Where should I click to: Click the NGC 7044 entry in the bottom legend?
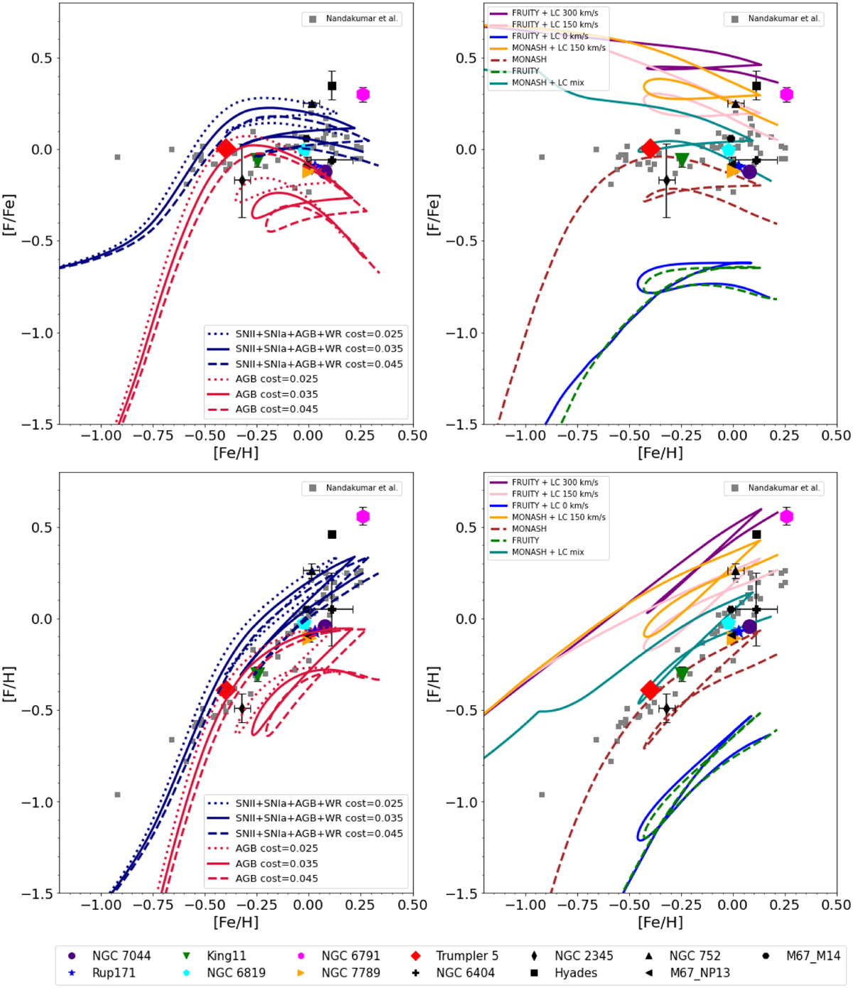pos(121,956)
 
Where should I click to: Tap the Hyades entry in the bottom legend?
pos(576,973)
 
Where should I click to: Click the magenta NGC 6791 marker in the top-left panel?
pos(363,95)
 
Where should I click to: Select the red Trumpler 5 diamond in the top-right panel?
pos(650,149)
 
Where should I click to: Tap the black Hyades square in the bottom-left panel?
pos(332,535)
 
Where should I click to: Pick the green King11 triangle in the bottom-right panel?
pos(682,672)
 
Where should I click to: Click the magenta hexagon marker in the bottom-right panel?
pos(786,517)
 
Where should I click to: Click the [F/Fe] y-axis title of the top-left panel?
pos(9,215)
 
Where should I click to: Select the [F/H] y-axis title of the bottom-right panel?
pos(433,684)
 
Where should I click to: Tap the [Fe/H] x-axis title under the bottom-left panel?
pos(236,922)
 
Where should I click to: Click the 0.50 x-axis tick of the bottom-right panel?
pos(836,905)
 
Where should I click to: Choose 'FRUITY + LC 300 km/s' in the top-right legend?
pos(554,13)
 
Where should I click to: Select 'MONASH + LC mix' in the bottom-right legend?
pos(547,552)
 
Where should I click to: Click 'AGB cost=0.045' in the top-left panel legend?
pos(277,409)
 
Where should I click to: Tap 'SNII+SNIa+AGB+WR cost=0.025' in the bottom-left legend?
pos(318,803)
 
